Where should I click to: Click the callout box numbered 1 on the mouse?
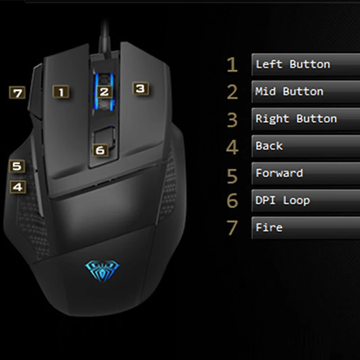pyautogui.click(x=61, y=92)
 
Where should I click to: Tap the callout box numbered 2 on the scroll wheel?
pyautogui.click(x=104, y=92)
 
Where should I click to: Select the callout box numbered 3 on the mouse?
pyautogui.click(x=140, y=88)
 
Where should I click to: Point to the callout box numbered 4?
pyautogui.click(x=18, y=186)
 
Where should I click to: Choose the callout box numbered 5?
pyautogui.click(x=17, y=166)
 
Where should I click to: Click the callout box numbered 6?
pyautogui.click(x=100, y=150)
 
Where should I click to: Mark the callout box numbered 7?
pyautogui.click(x=18, y=93)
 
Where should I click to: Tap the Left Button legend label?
pyautogui.click(x=293, y=64)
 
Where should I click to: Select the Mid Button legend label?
pyautogui.click(x=289, y=91)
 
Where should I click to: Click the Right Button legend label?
pyautogui.click(x=296, y=119)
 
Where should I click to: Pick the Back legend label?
pyautogui.click(x=269, y=146)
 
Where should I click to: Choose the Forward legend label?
pyautogui.click(x=279, y=173)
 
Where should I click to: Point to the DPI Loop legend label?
pyautogui.click(x=283, y=200)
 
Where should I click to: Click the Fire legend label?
pyautogui.click(x=269, y=227)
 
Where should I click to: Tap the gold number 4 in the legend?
pyautogui.click(x=232, y=147)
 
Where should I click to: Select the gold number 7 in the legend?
pyautogui.click(x=232, y=228)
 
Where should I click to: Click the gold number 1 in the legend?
pyautogui.click(x=232, y=65)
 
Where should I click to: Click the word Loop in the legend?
pyautogui.click(x=296, y=201)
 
